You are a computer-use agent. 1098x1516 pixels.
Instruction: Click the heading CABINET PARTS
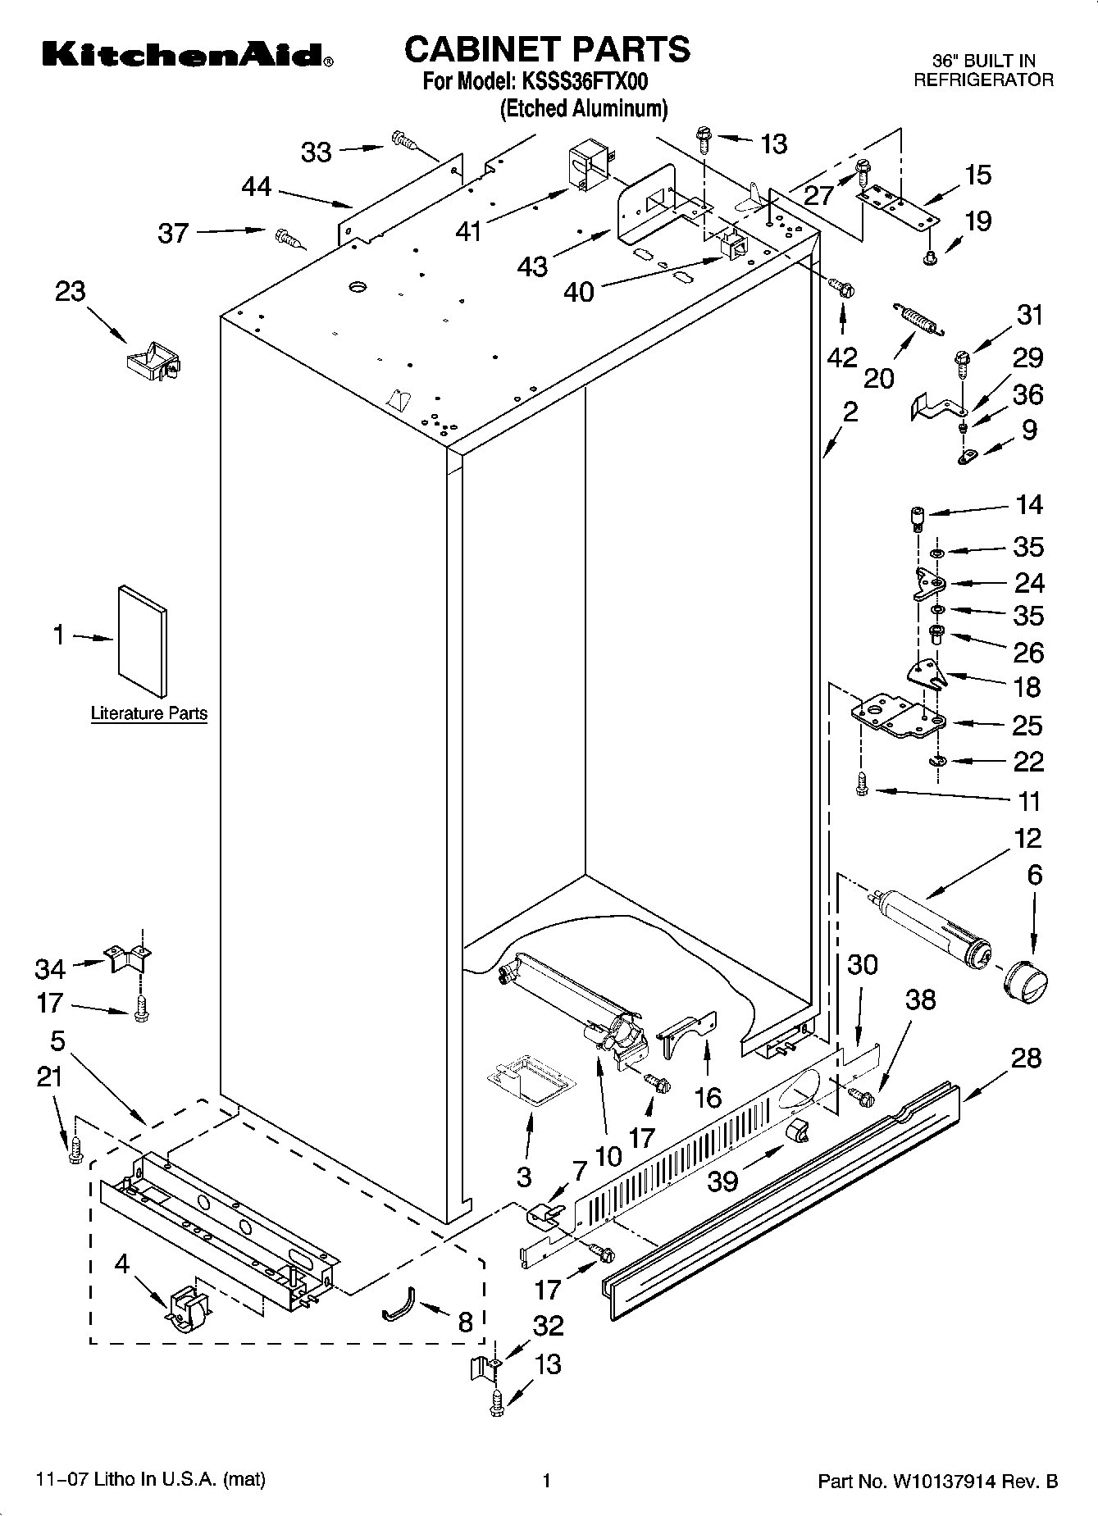547,49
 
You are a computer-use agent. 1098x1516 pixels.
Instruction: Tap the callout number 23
71,291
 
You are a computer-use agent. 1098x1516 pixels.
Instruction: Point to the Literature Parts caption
148,713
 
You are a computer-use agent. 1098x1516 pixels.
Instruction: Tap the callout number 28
1027,1058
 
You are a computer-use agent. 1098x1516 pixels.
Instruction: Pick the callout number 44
257,187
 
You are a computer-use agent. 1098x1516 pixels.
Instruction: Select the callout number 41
469,233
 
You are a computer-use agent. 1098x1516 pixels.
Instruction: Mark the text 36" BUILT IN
983,61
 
